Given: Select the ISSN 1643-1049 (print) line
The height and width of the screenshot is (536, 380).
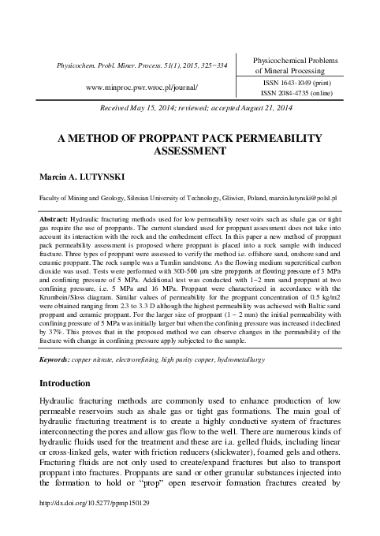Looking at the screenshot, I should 307,81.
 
